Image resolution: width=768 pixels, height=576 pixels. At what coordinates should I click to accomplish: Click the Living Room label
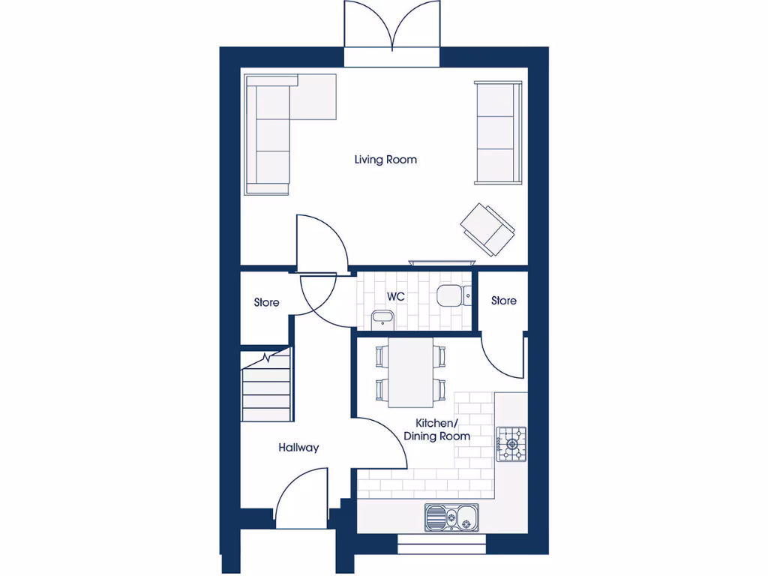(x=385, y=160)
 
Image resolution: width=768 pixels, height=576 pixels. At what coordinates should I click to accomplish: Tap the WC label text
(x=396, y=297)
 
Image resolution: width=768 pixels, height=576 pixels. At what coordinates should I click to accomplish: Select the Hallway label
(x=298, y=448)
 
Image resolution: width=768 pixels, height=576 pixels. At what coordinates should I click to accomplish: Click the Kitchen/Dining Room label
(x=437, y=430)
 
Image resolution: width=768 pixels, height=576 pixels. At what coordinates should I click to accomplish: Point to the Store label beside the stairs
(x=266, y=302)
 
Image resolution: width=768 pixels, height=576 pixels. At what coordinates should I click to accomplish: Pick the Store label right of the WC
(x=503, y=300)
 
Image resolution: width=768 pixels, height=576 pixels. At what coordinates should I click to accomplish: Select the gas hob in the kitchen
(x=511, y=442)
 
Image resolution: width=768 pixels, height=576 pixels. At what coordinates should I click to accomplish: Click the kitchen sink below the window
(x=451, y=517)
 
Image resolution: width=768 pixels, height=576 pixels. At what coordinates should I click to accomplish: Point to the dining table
(x=410, y=371)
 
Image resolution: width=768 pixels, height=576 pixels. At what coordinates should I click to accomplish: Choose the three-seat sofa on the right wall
(x=496, y=133)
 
